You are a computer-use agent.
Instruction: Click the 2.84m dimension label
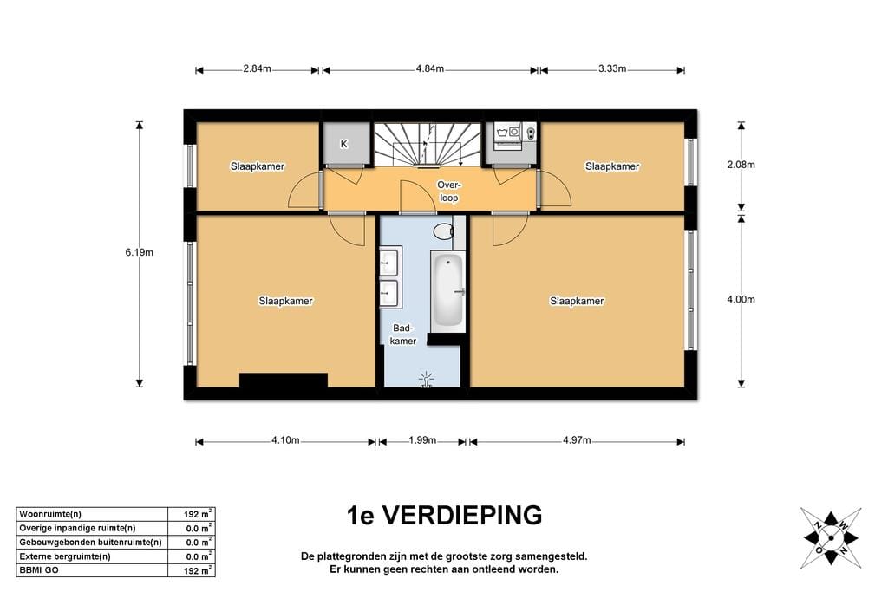[x=258, y=69]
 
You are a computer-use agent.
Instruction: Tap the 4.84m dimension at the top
[x=429, y=69]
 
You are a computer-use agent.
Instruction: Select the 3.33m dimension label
[x=612, y=69]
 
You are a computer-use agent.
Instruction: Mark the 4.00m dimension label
[x=741, y=301]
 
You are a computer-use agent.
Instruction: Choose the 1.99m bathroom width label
[x=422, y=441]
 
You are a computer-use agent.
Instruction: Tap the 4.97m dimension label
[x=576, y=441]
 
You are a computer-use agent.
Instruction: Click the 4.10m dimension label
[x=285, y=441]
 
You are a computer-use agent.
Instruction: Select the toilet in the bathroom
[x=443, y=231]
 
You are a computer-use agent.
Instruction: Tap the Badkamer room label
[x=404, y=335]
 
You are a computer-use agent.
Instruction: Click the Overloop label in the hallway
[x=447, y=192]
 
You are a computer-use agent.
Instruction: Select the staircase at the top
[x=428, y=143]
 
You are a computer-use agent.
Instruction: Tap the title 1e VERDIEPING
[x=444, y=516]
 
